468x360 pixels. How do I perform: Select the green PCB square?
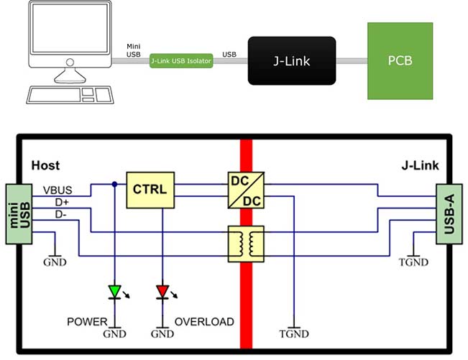[400, 60]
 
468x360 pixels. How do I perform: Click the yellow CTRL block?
[150, 190]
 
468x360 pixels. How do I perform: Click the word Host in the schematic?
[45, 166]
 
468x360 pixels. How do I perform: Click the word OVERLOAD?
[204, 321]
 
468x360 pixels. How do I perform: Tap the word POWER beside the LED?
[87, 321]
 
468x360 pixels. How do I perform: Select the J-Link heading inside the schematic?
[420, 166]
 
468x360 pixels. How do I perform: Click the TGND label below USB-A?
[415, 262]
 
